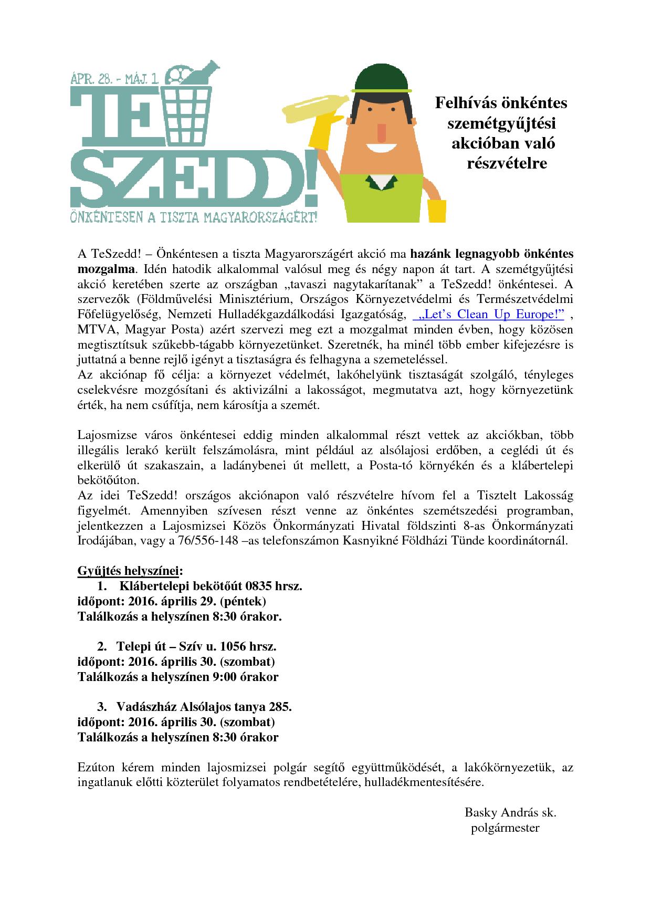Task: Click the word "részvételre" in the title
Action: pyautogui.click(x=507, y=163)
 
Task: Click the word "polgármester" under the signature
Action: pyautogui.click(x=505, y=828)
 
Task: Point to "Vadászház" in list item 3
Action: pyautogui.click(x=143, y=706)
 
